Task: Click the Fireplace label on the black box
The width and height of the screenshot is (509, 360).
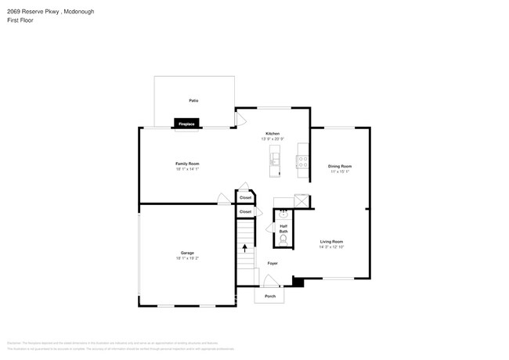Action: point(186,124)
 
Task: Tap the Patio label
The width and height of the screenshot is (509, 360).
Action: point(193,101)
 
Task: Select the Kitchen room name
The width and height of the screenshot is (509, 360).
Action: point(273,134)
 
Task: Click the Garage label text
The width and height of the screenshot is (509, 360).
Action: point(187,253)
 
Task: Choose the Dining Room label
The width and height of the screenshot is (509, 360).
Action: point(339,166)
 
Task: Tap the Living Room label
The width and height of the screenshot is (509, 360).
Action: point(332,242)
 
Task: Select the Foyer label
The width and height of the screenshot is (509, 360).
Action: point(272,263)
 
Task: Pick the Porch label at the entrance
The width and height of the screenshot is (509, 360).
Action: point(270,297)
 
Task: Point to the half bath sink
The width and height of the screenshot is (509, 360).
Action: point(283,213)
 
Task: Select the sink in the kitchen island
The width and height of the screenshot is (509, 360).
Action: point(275,160)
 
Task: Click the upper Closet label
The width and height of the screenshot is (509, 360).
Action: point(245,197)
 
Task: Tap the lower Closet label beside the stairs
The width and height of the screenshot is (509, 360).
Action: point(245,212)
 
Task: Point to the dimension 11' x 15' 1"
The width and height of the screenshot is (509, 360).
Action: point(339,172)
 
